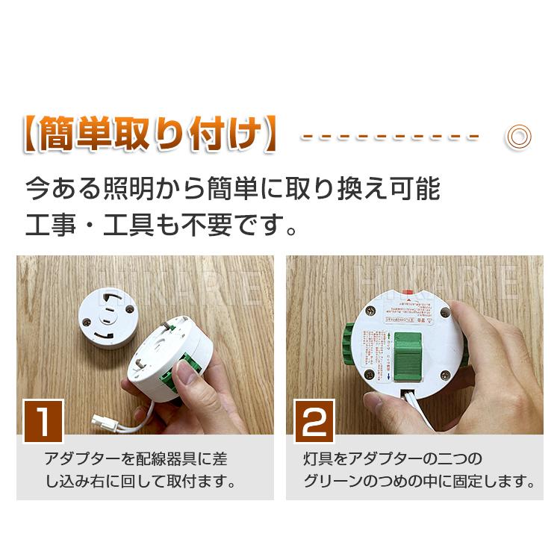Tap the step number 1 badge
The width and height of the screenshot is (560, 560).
point(44,420)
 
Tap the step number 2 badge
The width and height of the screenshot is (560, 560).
point(314,420)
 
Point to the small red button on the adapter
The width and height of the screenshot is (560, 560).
point(407,293)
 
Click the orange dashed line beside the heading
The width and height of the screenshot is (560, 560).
point(389,137)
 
